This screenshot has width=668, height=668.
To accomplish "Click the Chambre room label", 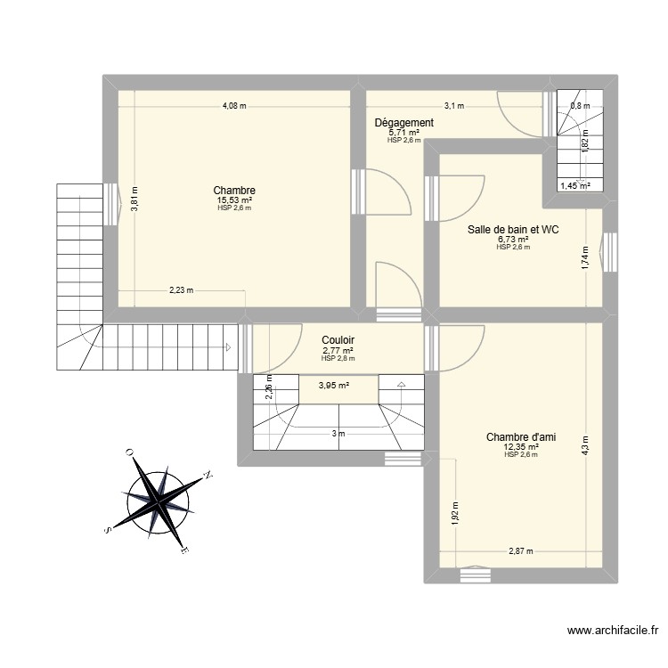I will [234, 191].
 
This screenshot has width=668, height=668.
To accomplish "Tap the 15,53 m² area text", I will [234, 200].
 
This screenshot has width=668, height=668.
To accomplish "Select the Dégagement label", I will [403, 123].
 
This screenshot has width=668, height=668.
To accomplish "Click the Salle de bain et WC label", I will [513, 230].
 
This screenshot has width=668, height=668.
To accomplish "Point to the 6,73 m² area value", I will [513, 240].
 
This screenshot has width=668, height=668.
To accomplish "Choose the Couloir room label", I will [338, 340].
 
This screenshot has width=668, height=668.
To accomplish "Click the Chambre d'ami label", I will [521, 436].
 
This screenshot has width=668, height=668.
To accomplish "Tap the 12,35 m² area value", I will [521, 446].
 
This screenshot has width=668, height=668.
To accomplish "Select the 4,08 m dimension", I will [234, 106].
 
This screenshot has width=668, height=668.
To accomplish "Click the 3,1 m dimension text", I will [454, 106].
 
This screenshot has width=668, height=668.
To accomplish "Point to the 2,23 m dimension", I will [182, 289].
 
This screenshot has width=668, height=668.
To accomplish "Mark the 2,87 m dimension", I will [521, 550].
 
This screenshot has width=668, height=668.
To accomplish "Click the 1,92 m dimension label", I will [455, 514].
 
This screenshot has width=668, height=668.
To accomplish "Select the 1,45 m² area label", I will [574, 186].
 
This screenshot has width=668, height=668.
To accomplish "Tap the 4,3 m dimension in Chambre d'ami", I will [586, 444].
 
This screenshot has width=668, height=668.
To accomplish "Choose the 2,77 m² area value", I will [338, 350].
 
